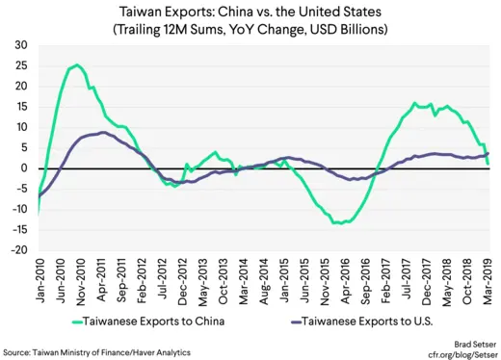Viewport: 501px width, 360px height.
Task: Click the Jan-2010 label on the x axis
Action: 40,279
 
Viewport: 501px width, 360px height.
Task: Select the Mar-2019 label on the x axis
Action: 489,279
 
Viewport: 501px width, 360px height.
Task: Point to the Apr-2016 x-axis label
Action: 346,279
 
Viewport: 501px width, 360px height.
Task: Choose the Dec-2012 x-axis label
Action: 183,279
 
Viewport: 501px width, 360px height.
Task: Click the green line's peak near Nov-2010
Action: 77,65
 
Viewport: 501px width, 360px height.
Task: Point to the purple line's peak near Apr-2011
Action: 103,133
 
